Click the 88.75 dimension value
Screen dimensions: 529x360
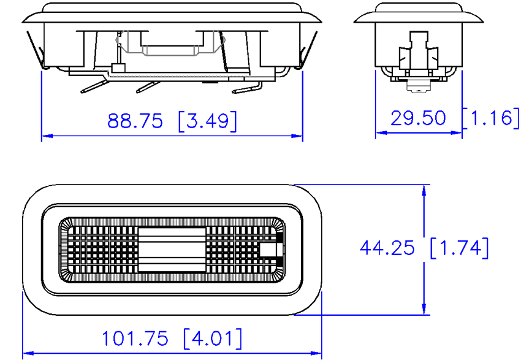135,121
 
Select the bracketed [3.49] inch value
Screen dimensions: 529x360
207,121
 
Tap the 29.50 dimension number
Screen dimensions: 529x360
418,118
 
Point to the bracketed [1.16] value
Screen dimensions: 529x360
491,118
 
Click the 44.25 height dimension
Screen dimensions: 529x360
387,248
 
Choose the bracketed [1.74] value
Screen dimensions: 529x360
460,248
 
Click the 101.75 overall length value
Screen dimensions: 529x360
135,339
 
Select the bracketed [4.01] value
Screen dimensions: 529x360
213,339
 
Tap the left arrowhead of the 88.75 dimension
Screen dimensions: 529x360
47,136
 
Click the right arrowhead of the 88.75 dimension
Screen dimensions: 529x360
297,136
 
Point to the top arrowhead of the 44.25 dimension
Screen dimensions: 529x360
424,191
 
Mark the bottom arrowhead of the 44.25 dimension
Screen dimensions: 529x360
424,309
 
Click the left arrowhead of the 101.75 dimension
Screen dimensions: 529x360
28,353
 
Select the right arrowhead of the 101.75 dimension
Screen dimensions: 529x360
316,353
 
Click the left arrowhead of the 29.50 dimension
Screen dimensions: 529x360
381,132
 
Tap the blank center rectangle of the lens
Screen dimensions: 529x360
172,250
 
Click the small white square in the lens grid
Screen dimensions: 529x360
268,250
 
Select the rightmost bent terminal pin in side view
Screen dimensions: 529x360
246,88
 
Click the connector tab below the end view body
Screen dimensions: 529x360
419,86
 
